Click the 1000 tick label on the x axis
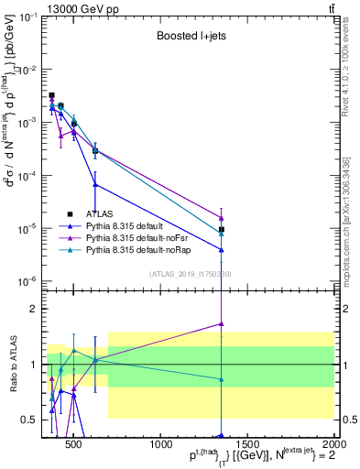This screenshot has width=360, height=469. [x=161, y=445]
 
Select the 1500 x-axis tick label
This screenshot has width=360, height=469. [x=248, y=445]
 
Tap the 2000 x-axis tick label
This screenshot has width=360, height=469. [x=334, y=445]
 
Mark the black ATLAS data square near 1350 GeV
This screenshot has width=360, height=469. [x=222, y=230]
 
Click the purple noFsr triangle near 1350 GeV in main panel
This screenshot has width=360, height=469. [x=222, y=218]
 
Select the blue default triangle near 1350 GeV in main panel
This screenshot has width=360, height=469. [x=222, y=249]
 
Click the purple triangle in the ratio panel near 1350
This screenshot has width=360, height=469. [x=222, y=323]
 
